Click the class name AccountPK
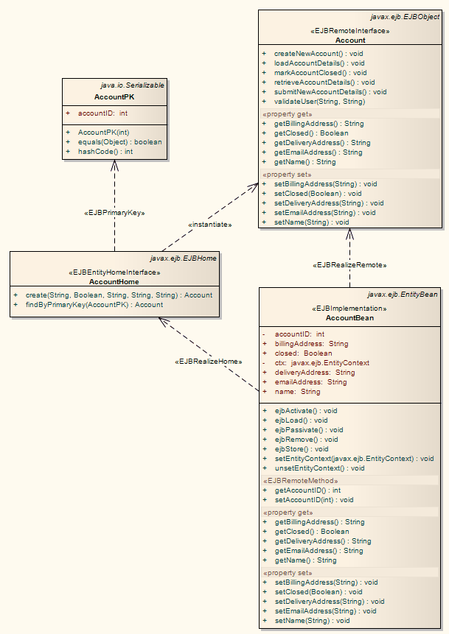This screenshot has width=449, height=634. [x=114, y=97]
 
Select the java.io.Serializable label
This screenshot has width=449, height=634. [x=132, y=86]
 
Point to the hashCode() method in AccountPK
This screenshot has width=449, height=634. [x=105, y=152]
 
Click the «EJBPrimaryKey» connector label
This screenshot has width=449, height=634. [x=114, y=213]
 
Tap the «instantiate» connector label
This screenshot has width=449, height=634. [x=209, y=224]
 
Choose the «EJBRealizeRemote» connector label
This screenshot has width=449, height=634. [x=349, y=264]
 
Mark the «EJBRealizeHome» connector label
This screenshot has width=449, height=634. [x=209, y=362]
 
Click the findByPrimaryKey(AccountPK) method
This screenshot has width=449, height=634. [x=94, y=305]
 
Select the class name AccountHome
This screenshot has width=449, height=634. [x=114, y=281]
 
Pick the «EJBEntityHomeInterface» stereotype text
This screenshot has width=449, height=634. [x=114, y=272]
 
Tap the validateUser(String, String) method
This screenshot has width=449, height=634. [x=319, y=102]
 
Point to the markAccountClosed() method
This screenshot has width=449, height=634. [x=320, y=73]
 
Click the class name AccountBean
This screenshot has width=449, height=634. [x=349, y=318]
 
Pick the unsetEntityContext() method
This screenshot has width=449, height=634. [x=319, y=468]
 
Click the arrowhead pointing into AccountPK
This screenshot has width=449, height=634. [x=114, y=165]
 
